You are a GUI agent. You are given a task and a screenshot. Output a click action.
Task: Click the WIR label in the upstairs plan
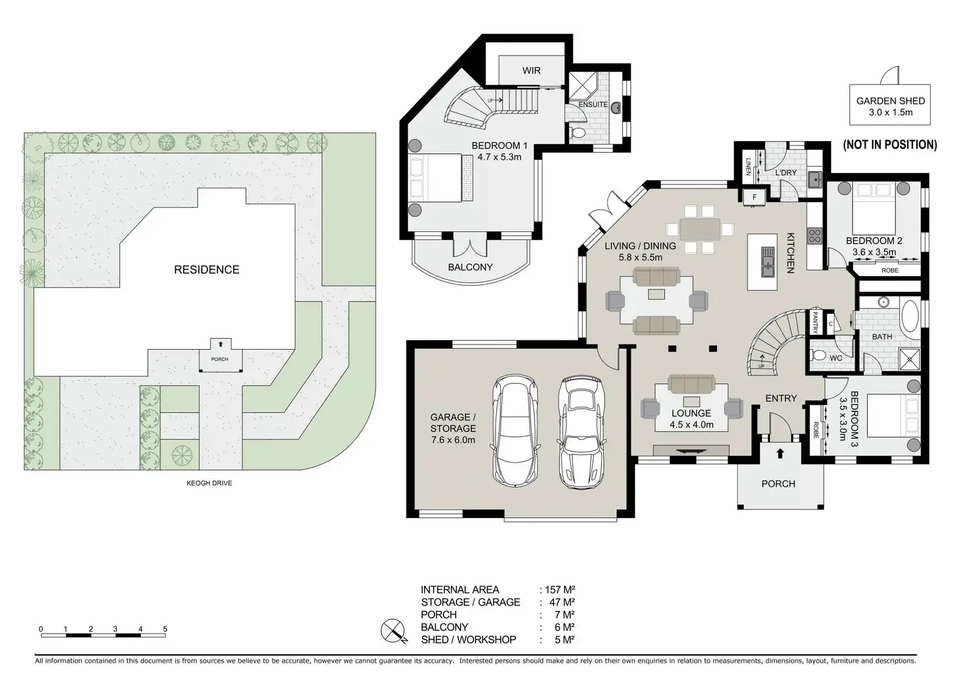pyautogui.click(x=531, y=70)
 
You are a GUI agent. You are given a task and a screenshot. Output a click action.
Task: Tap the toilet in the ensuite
pyautogui.click(x=577, y=133)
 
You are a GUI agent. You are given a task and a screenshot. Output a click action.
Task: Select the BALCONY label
pyautogui.click(x=470, y=267)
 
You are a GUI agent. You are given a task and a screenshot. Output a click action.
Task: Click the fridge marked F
pyautogui.click(x=754, y=198)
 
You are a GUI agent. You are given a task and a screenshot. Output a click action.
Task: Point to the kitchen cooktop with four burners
pyautogui.click(x=814, y=236)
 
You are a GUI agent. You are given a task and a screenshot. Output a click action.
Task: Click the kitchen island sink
pyautogui.click(x=768, y=262)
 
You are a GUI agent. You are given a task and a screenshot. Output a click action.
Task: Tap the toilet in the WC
pyautogui.click(x=818, y=355)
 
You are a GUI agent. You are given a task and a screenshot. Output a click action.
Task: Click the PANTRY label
pyautogui.click(x=814, y=322)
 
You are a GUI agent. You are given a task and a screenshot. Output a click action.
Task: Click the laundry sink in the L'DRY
pyautogui.click(x=816, y=179)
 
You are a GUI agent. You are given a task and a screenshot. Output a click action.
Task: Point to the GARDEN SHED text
pyautogui.click(x=890, y=101)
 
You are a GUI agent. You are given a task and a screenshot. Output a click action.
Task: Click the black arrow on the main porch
pyautogui.click(x=780, y=453)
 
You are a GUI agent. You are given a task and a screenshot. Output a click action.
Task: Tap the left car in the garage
pyautogui.click(x=515, y=431)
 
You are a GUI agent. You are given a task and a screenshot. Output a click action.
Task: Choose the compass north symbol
pyautogui.click(x=394, y=631)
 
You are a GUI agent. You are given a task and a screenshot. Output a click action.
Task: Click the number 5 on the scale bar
pyautogui.click(x=165, y=629)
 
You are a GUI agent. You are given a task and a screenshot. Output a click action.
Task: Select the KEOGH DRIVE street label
pyautogui.click(x=209, y=483)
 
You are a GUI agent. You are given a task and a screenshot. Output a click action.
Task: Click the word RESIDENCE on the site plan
pyautogui.click(x=207, y=270)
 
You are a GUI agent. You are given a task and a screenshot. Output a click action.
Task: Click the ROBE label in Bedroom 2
pyautogui.click(x=890, y=270)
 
